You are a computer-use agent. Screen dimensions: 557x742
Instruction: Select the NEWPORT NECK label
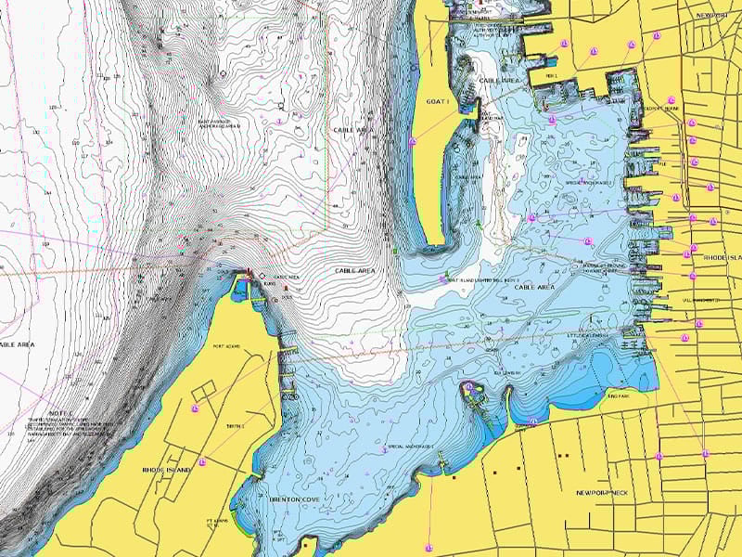601,492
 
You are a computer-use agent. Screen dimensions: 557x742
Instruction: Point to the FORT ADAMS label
226,347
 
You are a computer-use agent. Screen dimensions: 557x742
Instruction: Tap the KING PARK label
618,397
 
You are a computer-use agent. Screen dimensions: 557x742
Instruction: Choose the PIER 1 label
552,76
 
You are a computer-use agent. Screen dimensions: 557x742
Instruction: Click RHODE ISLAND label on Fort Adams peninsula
167,470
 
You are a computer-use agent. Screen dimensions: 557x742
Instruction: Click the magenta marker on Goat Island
412,141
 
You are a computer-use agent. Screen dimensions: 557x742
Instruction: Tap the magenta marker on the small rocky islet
469,387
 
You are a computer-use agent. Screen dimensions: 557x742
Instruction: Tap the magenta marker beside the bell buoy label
441,278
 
